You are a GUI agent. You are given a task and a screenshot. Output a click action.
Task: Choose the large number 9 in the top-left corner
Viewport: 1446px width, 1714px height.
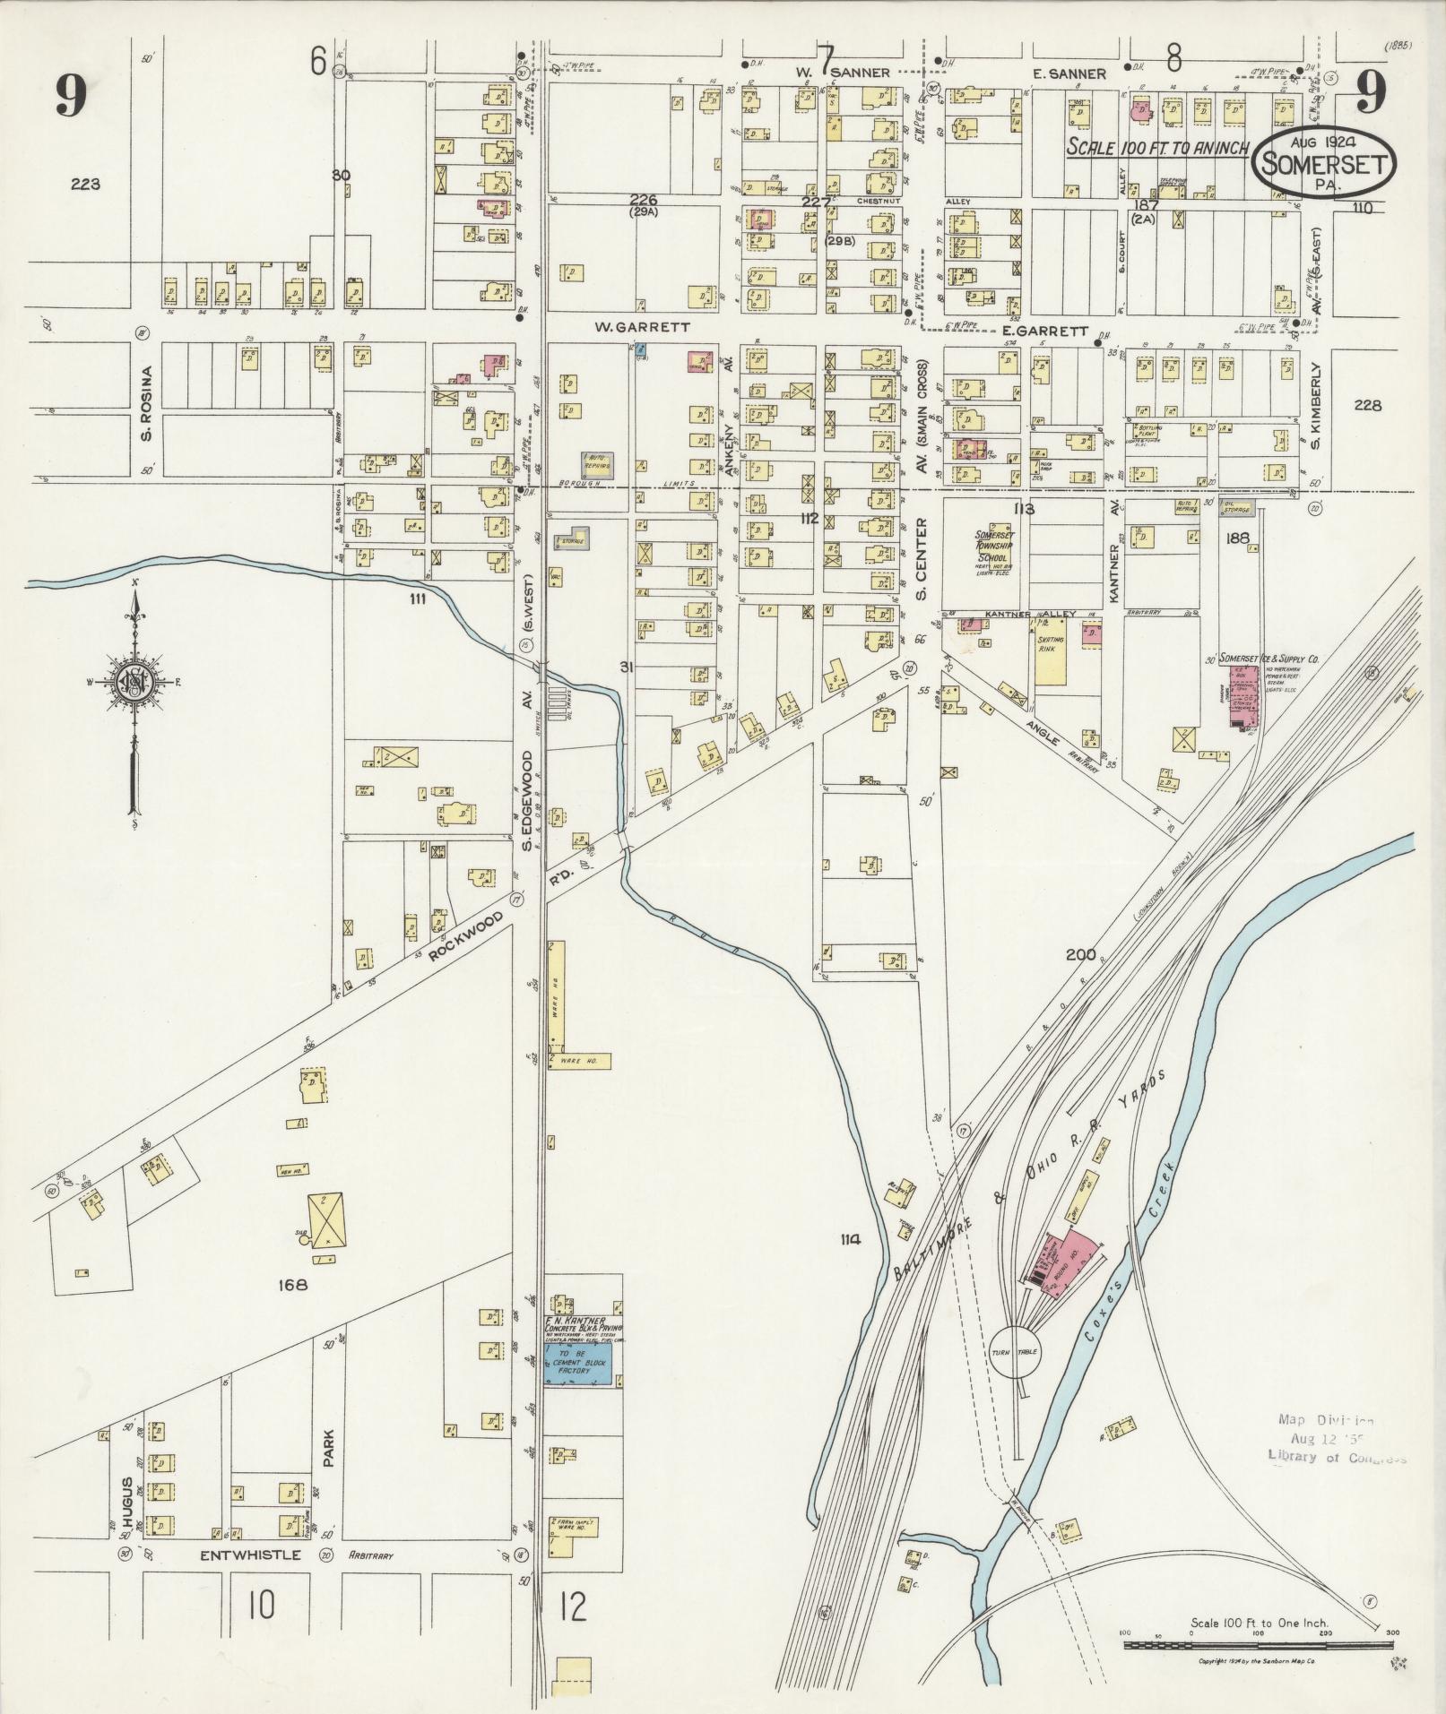pyautogui.click(x=71, y=96)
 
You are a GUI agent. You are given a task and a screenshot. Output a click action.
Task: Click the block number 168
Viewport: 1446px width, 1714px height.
pyautogui.click(x=293, y=1284)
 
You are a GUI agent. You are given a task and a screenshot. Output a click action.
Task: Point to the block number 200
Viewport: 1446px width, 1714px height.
pyautogui.click(x=1081, y=954)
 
